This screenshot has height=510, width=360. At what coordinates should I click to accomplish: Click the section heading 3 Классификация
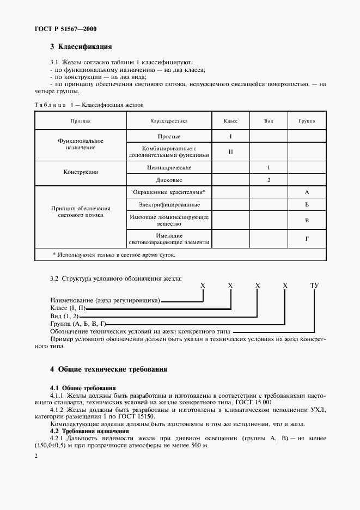coord(81,47)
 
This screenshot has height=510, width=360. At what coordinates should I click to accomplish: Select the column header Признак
coord(80,121)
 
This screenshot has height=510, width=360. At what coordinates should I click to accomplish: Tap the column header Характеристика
coord(168,121)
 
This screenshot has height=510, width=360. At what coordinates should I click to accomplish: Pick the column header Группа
coord(307,121)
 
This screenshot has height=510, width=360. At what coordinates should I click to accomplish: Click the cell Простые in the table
coord(168,136)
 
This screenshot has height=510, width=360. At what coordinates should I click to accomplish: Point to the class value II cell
coord(230,151)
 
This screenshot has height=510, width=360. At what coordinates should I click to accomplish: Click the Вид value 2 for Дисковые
coord(269,179)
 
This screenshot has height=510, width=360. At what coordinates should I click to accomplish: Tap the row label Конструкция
coord(80,172)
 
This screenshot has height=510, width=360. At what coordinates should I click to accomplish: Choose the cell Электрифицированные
coord(168,204)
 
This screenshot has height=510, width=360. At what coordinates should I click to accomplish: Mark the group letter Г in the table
coord(307,239)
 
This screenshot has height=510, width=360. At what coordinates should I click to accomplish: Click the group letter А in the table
coord(307,192)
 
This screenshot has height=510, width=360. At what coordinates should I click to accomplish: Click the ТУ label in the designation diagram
coord(314,285)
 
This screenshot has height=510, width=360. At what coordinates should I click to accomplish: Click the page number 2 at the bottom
coord(36,455)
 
